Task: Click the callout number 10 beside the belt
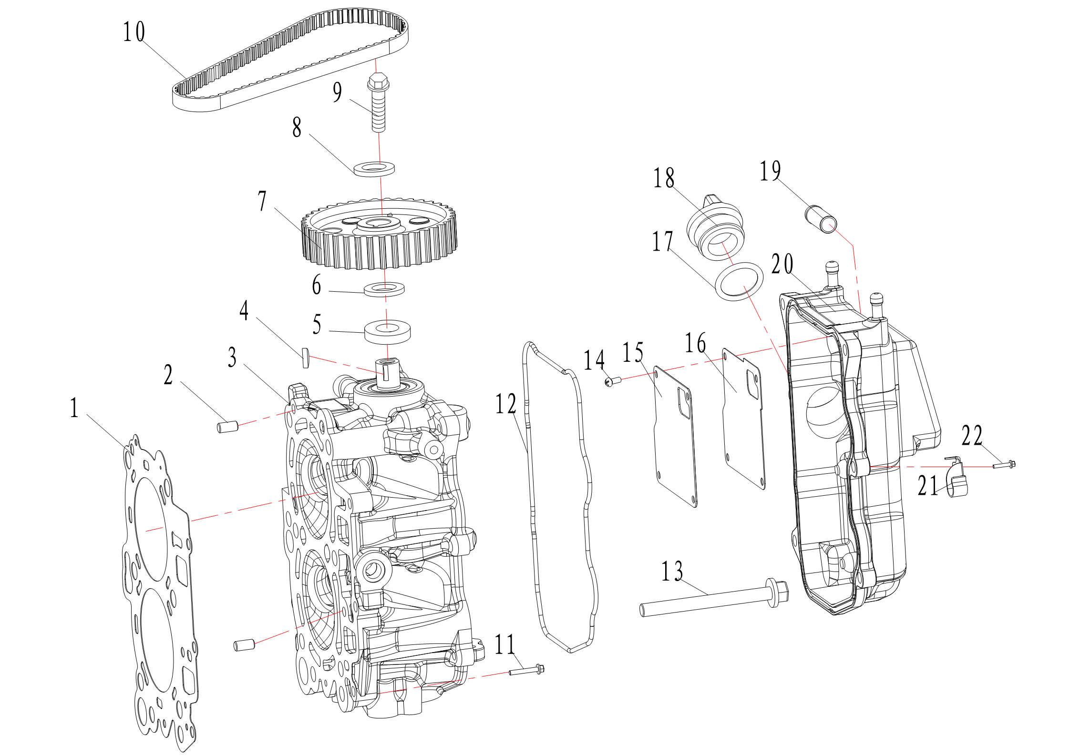click(134, 32)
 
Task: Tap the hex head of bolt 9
click(379, 82)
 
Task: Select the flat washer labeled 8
click(374, 169)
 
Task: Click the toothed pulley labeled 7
click(380, 235)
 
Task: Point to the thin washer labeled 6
click(384, 289)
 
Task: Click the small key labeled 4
click(306, 358)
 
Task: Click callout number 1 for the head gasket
click(74, 408)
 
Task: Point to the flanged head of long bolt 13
click(777, 593)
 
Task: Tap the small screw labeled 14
click(613, 381)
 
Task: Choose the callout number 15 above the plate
click(633, 352)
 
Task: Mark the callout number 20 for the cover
click(782, 264)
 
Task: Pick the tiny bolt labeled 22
click(1004, 464)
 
